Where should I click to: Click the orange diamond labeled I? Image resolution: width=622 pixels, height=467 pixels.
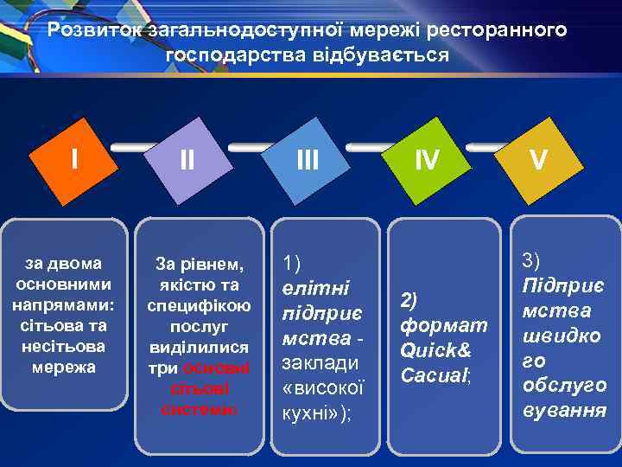pyautogui.click(x=76, y=160)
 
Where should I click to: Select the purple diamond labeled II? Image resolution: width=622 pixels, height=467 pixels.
pyautogui.click(x=187, y=161)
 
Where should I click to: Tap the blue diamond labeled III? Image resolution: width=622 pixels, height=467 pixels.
pyautogui.click(x=308, y=161)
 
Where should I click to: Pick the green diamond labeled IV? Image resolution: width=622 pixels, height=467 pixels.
pyautogui.click(x=427, y=160)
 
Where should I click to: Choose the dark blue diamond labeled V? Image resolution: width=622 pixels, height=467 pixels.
pyautogui.click(x=537, y=160)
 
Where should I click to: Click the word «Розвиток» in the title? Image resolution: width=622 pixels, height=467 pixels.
pyautogui.click(x=95, y=30)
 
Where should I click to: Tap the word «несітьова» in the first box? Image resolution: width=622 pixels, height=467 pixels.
pyautogui.click(x=67, y=346)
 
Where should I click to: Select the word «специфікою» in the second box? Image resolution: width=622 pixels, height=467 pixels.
pyautogui.click(x=199, y=305)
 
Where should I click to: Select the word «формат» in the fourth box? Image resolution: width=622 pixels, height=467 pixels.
pyautogui.click(x=444, y=326)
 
